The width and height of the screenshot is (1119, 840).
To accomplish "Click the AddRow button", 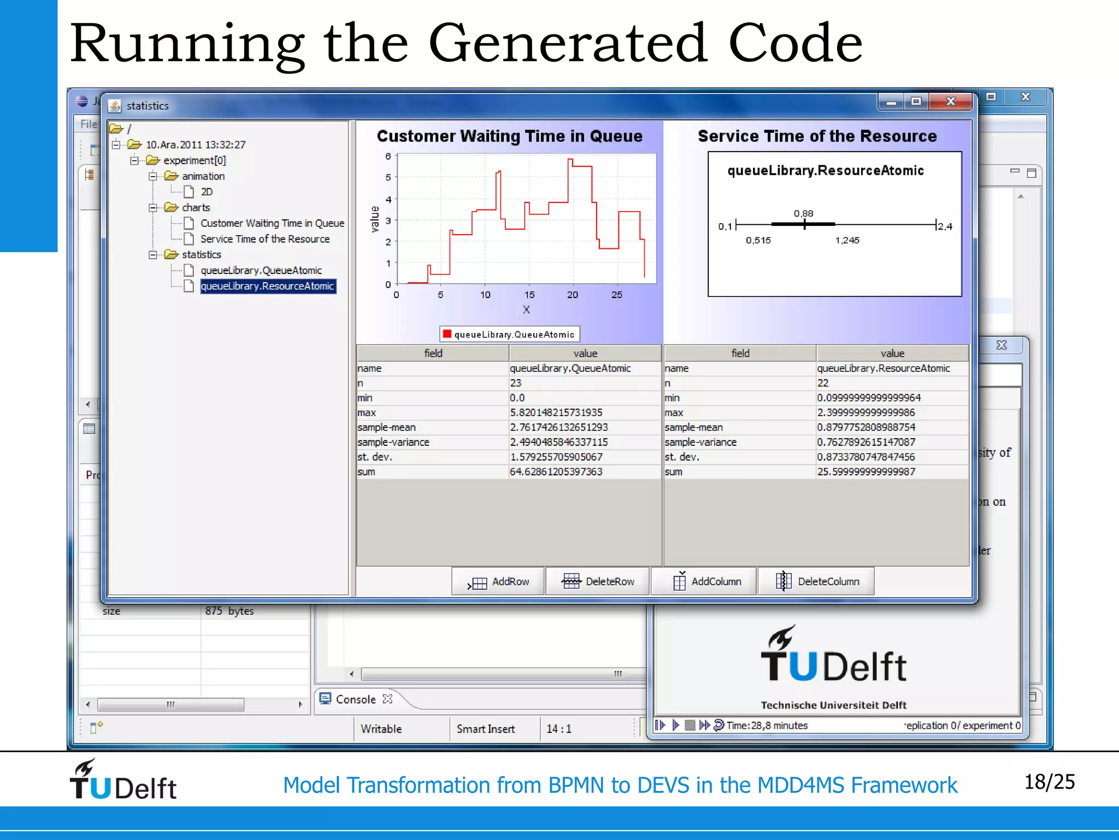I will (498, 581).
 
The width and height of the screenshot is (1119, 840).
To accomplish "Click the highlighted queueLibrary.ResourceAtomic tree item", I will (267, 286).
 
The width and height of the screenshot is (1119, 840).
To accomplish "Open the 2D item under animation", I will (206, 192).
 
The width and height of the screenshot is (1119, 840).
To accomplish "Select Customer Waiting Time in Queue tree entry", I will (272, 223).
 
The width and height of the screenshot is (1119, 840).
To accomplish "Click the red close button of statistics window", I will (951, 102).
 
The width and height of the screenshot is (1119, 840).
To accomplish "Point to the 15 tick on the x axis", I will (529, 295).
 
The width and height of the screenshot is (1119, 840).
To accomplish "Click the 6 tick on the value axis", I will (388, 156).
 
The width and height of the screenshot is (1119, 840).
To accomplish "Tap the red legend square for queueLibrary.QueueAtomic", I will (447, 334).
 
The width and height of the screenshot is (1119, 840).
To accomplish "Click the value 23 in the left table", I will (516, 383).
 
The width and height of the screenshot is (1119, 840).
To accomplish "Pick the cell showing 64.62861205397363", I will (556, 471).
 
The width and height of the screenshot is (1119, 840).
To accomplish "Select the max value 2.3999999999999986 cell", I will (865, 412).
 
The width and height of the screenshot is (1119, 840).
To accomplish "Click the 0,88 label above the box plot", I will (803, 213).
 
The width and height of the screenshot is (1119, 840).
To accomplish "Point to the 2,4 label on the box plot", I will (945, 226).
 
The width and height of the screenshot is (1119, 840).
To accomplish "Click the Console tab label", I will (356, 699).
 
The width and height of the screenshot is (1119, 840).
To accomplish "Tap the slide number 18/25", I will (1049, 782).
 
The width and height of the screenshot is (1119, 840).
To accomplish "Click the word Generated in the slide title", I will (568, 44).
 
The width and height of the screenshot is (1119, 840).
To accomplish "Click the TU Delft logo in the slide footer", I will (123, 780).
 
